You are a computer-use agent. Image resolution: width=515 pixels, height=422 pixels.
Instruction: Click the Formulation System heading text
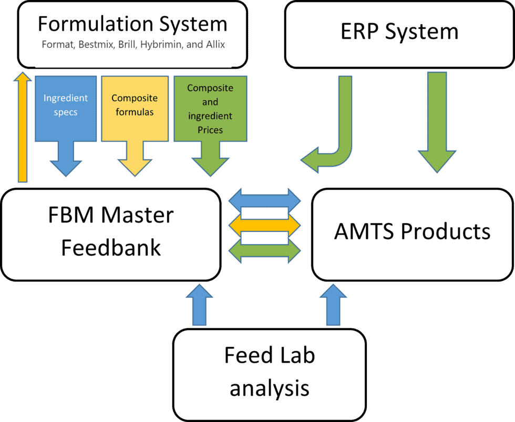click(132, 24)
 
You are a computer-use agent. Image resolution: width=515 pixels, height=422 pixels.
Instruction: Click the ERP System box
click(399, 33)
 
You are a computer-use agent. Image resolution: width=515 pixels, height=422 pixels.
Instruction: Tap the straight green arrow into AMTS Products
click(436, 121)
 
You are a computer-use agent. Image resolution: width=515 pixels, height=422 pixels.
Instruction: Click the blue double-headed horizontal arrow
click(265, 200)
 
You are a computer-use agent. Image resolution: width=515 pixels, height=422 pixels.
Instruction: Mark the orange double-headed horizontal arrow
click(265, 225)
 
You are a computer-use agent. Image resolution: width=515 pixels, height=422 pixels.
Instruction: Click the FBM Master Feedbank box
click(110, 234)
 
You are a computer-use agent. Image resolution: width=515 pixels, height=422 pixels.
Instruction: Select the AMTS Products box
click(412, 234)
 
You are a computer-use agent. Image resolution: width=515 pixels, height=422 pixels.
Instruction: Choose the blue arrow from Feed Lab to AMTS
click(332, 307)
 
